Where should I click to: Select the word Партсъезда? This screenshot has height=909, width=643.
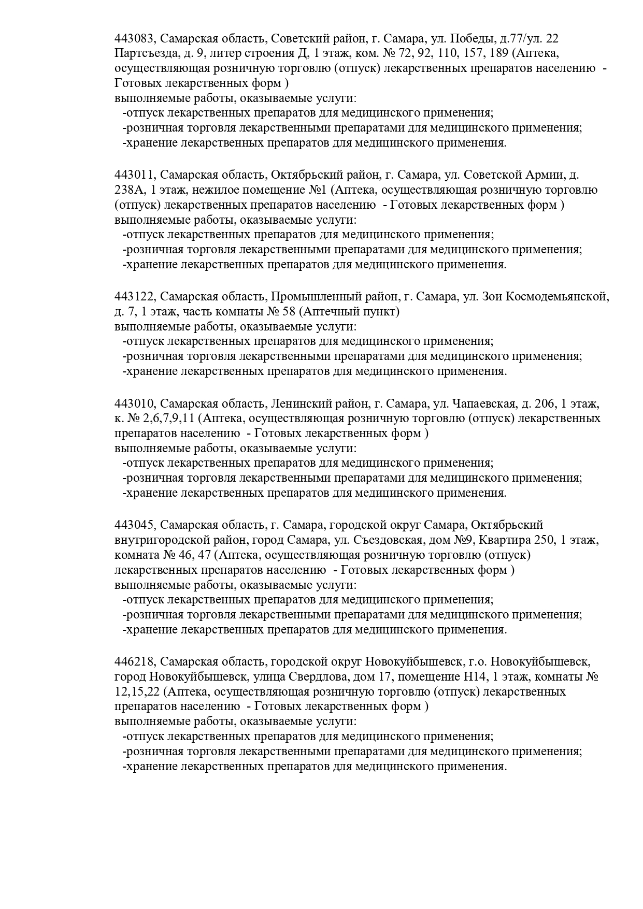145,53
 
